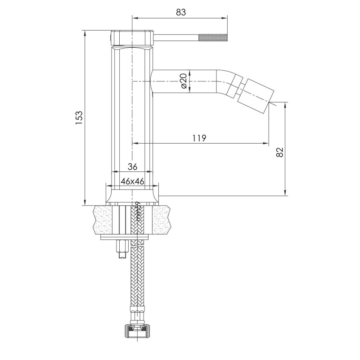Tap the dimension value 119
198,138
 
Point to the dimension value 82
279,152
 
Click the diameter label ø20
184,81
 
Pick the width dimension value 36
132,166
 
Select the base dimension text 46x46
132,181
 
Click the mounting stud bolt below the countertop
121,249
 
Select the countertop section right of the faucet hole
162,220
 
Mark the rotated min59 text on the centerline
138,211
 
